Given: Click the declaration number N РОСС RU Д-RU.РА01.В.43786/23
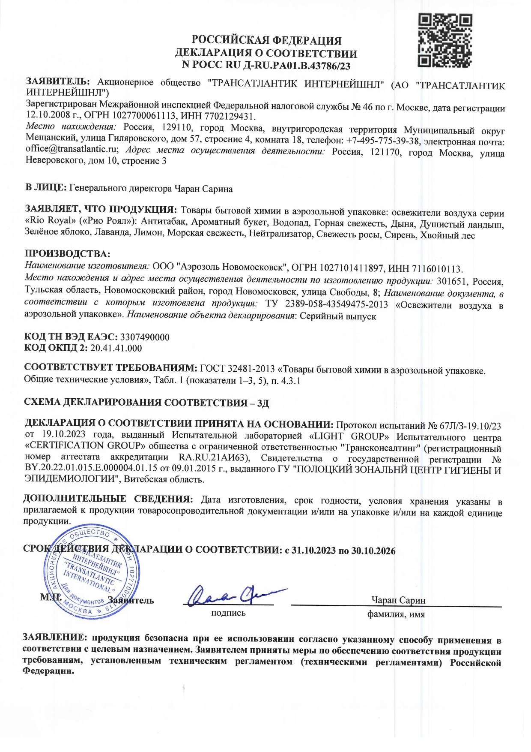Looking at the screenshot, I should pyautogui.click(x=266, y=66).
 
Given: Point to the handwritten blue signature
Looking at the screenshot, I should pyautogui.click(x=232, y=595).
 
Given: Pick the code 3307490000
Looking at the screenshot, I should pyautogui.click(x=145, y=337).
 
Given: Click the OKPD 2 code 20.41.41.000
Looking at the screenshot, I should pyautogui.click(x=116, y=348).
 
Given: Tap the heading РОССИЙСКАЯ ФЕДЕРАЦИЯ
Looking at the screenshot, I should pyautogui.click(x=266, y=41).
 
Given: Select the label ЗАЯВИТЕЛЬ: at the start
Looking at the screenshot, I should pyautogui.click(x=58, y=81).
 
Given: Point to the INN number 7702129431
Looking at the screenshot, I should pyautogui.click(x=231, y=117).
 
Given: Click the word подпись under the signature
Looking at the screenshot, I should pyautogui.click(x=228, y=613).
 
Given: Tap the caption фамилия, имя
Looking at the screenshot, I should pyautogui.click(x=396, y=614).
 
